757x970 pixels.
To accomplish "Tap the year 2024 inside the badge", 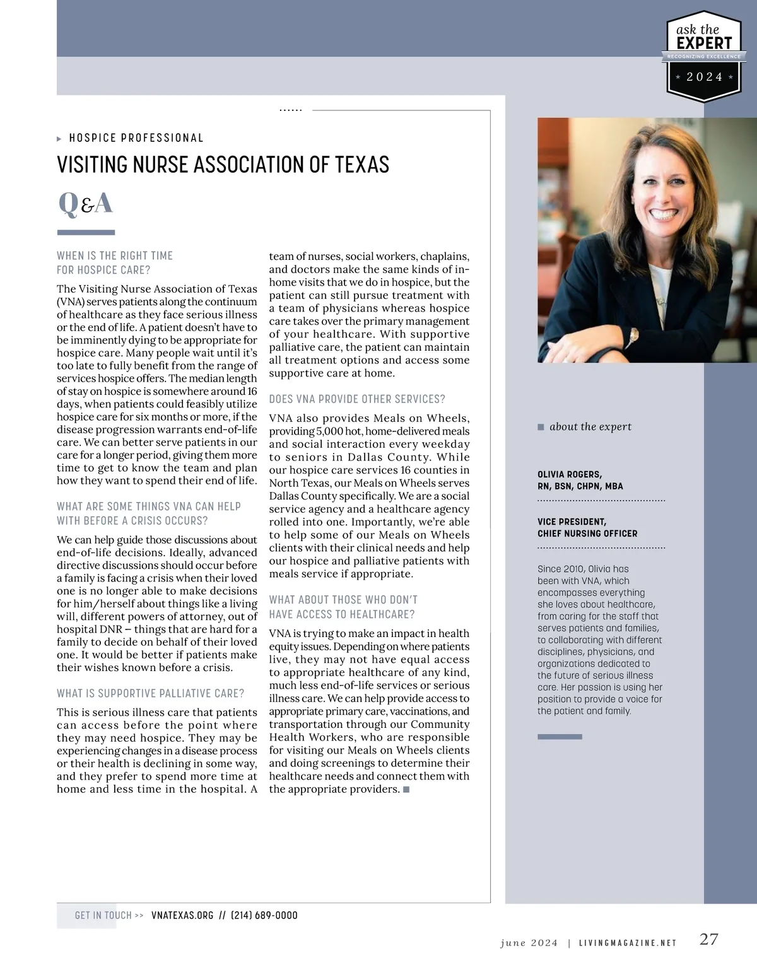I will (x=704, y=77).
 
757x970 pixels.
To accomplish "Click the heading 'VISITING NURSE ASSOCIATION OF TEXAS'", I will (x=223, y=165).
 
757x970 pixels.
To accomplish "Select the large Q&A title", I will (x=85, y=203).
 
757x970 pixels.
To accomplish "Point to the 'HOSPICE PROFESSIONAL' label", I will (x=136, y=138).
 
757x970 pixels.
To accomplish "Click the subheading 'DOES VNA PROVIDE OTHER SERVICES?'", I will (x=357, y=399).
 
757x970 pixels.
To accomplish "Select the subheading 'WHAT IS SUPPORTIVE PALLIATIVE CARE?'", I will (x=150, y=693).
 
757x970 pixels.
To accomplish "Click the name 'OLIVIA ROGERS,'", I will (x=569, y=474).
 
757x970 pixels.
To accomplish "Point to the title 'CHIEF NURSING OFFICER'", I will (x=587, y=534).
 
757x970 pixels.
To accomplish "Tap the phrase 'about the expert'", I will (x=590, y=427).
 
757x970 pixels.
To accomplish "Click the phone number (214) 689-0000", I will (x=264, y=915).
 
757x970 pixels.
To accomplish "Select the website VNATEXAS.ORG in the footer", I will (x=182, y=915).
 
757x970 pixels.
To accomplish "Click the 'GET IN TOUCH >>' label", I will (x=109, y=915).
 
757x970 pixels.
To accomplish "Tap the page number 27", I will (x=708, y=939).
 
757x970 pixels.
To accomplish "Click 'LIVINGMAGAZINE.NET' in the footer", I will (x=627, y=943).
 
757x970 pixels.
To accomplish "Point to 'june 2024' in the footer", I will (x=529, y=943).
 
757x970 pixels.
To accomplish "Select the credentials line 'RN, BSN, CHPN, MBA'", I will (x=580, y=486).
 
